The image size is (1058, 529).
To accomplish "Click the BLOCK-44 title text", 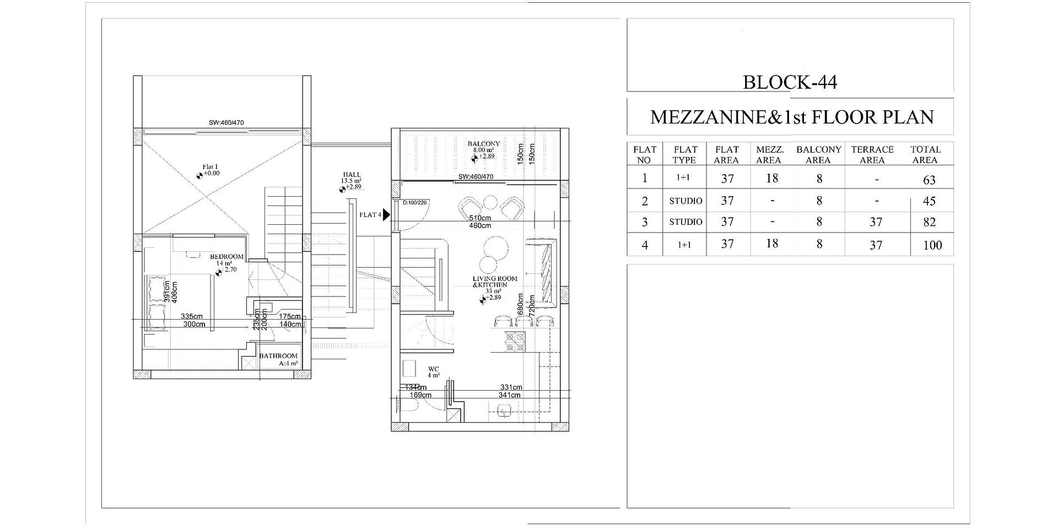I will click(790, 82).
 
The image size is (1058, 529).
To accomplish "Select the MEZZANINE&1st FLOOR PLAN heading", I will click(792, 117).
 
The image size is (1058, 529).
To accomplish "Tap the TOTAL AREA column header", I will click(925, 155).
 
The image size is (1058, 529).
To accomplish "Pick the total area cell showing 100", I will click(932, 245).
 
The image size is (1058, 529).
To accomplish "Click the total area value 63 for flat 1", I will click(929, 180).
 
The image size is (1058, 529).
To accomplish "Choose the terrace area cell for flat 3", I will click(876, 222).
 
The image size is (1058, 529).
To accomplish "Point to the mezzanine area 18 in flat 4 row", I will click(771, 244).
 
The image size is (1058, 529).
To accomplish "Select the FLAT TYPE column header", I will click(685, 155).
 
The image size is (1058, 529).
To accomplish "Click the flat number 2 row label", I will click(645, 201).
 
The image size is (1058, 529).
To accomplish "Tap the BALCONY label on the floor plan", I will click(483, 144).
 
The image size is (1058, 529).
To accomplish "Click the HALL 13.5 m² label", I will click(351, 178).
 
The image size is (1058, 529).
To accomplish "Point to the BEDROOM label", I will click(226, 257).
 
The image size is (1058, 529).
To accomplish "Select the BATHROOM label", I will click(278, 356).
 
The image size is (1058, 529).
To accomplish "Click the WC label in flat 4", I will click(433, 369).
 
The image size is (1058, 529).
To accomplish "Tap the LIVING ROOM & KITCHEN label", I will click(495, 282).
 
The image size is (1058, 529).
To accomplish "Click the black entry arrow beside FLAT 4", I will click(387, 215).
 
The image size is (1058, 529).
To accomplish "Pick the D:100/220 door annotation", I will click(414, 203).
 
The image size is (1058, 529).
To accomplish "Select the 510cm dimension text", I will click(479, 218).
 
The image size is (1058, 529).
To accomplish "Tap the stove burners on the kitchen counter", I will click(515, 341).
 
